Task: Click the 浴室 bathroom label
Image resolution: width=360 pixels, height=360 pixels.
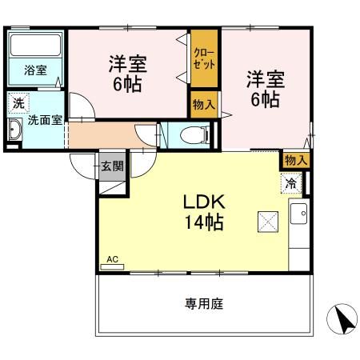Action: point(34,70)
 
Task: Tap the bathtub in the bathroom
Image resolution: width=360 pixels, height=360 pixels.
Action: point(36,45)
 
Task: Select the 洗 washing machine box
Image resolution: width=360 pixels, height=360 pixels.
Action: point(18,102)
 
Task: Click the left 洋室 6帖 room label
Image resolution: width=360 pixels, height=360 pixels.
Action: point(127,74)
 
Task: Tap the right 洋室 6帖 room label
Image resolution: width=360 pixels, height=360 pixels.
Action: point(265,90)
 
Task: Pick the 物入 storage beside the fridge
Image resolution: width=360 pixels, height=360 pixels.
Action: point(296,160)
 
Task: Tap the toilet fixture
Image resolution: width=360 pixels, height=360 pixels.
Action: point(191,134)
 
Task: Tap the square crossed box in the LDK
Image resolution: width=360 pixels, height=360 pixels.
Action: point(266,222)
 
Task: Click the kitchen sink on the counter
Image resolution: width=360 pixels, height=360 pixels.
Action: point(298,214)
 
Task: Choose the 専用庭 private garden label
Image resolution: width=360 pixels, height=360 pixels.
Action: point(203,304)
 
